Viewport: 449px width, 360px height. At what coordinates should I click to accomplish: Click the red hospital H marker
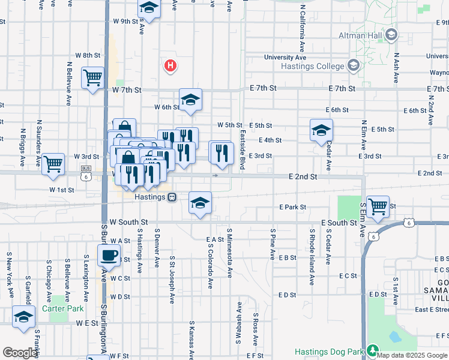[x=170, y=65]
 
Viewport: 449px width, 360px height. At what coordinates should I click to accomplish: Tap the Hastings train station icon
[x=172, y=196]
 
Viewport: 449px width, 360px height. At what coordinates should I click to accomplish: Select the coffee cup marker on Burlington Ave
[x=109, y=256]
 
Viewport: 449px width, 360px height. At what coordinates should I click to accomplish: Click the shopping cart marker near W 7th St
[x=93, y=77]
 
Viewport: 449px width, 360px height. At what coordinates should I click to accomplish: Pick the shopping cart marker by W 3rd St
[x=53, y=163]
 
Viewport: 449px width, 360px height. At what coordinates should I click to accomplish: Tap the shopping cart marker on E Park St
[x=378, y=207]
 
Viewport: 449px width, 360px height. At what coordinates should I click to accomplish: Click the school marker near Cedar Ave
[x=321, y=130]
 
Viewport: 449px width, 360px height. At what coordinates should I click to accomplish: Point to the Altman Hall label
[x=360, y=36]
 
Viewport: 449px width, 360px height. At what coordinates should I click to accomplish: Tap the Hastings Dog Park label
[x=330, y=352]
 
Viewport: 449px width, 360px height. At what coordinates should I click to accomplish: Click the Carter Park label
[x=62, y=310]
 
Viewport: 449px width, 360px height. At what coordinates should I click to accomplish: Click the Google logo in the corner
[x=20, y=352]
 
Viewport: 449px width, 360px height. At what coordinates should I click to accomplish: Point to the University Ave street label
[x=285, y=58]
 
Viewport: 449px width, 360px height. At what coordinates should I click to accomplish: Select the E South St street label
[x=339, y=223]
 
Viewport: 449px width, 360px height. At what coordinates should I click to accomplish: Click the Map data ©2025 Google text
[x=412, y=355]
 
